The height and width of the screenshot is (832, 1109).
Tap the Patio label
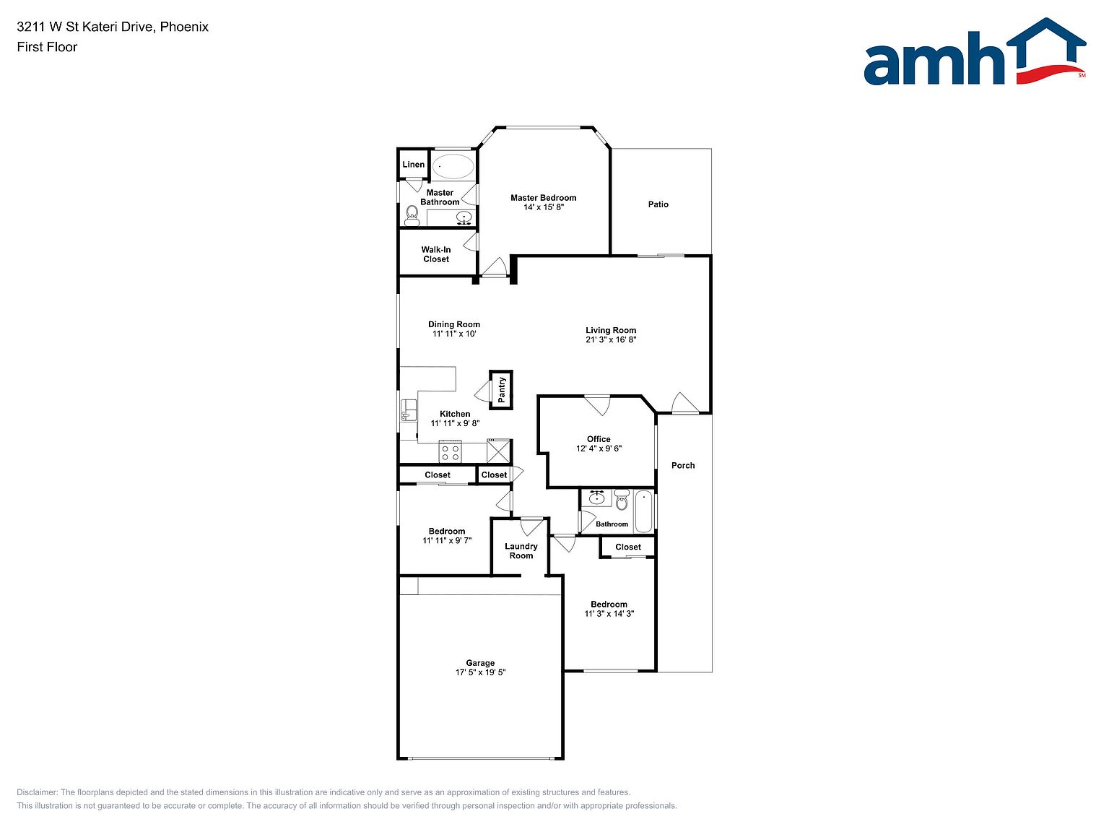pos(658,204)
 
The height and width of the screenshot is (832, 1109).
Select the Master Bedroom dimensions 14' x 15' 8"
pos(543,207)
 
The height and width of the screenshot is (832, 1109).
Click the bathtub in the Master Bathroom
pos(453,166)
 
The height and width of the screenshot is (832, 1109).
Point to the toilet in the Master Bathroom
pos(412,216)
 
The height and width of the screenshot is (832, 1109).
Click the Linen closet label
pos(413,164)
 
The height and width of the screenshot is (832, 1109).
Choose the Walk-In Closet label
pos(436,254)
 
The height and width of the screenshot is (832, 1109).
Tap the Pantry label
pos(502,389)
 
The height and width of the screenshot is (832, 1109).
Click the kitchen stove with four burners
pos(450,452)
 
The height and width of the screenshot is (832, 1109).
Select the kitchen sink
pos(408,409)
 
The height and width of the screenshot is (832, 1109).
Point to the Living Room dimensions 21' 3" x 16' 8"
pos(611,339)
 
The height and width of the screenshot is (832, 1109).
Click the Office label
pos(599,439)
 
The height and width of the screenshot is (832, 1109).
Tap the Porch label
pos(682,465)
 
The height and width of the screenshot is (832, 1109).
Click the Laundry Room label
pos(521,550)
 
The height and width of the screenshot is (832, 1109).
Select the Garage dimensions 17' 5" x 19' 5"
pos(480,672)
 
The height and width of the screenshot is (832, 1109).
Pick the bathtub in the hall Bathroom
pos(643,511)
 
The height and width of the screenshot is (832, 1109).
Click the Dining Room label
pos(453,324)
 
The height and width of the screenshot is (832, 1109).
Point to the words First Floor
pos(47,47)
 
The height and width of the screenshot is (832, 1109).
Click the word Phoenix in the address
pos(184,27)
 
